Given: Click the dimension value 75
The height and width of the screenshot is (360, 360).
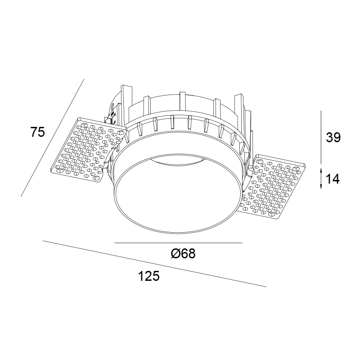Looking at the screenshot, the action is click(x=38, y=132).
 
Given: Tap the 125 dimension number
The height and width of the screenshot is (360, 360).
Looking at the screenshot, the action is click(x=148, y=276).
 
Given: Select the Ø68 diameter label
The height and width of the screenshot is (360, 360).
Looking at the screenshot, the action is click(x=183, y=254).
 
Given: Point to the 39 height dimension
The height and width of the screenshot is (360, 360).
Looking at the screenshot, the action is click(x=333, y=138).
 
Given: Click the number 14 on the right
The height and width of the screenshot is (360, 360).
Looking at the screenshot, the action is click(x=333, y=179).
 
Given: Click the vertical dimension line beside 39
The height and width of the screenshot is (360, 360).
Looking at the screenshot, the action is click(x=321, y=137).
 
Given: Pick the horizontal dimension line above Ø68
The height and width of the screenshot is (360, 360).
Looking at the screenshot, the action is click(x=178, y=243).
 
